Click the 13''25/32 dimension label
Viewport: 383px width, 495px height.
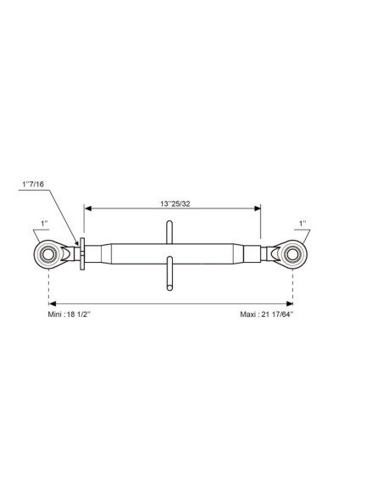(175, 203)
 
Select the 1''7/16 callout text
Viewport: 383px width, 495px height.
(33, 184)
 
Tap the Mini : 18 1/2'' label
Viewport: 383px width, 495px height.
(69, 314)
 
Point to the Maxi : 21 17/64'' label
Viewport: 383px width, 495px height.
(267, 314)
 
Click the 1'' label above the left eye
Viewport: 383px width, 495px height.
(44, 224)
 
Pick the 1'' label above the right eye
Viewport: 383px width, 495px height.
(303, 224)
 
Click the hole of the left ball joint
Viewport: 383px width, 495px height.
(48, 254)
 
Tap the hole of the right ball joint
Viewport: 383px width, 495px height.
(292, 254)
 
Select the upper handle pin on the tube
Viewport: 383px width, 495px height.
(169, 232)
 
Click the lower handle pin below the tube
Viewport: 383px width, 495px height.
(169, 274)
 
